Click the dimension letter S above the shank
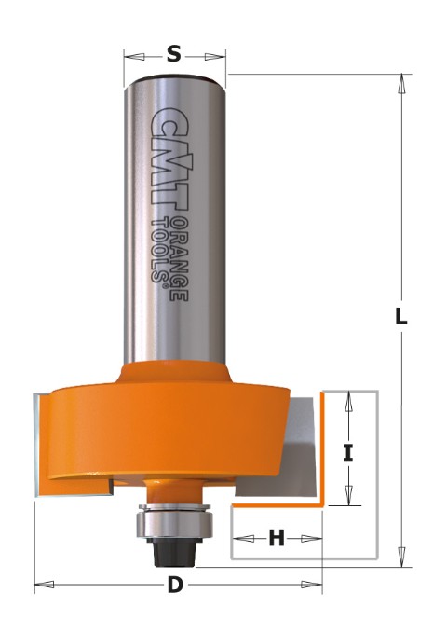[174, 53]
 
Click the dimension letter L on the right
[401, 316]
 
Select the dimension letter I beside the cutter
[348, 452]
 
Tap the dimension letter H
[277, 538]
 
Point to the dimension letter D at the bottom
[175, 585]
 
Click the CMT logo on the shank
[170, 158]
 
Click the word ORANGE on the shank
[181, 259]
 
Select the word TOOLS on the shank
[159, 252]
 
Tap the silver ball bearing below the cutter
[175, 520]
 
